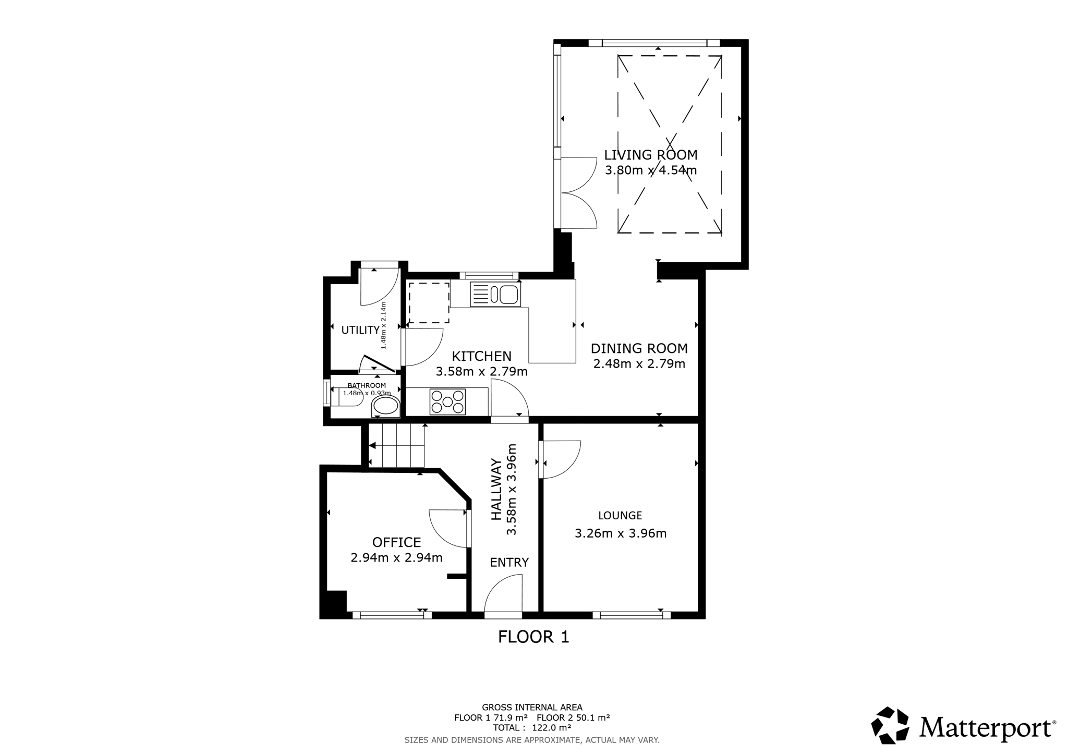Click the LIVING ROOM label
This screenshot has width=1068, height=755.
pyautogui.click(x=651, y=155)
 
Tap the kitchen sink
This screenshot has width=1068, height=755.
pyautogui.click(x=495, y=294)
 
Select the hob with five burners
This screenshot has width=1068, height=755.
pyautogui.click(x=447, y=402)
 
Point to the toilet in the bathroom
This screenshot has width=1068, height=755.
pyautogui.click(x=385, y=406)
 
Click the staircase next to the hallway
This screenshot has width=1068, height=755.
pyautogui.click(x=396, y=445)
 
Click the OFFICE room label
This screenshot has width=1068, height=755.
pyautogui.click(x=396, y=542)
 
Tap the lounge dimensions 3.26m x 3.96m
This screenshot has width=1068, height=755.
pyautogui.click(x=621, y=533)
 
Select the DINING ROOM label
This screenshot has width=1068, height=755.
pyautogui.click(x=639, y=348)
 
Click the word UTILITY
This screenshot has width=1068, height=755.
pyautogui.click(x=360, y=330)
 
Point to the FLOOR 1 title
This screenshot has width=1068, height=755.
pyautogui.click(x=533, y=637)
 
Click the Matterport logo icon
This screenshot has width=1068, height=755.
pyautogui.click(x=890, y=725)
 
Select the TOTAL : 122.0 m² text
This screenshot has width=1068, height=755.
pyautogui.click(x=532, y=728)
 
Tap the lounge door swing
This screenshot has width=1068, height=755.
pyautogui.click(x=560, y=459)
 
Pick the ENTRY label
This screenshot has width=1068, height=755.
pyautogui.click(x=509, y=563)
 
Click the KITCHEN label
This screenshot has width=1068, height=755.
pyautogui.click(x=481, y=357)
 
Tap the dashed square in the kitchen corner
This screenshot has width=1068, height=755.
pyautogui.click(x=429, y=303)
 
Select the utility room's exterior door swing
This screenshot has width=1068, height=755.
pyautogui.click(x=380, y=287)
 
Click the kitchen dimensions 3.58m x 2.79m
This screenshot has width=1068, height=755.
pyautogui.click(x=481, y=372)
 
